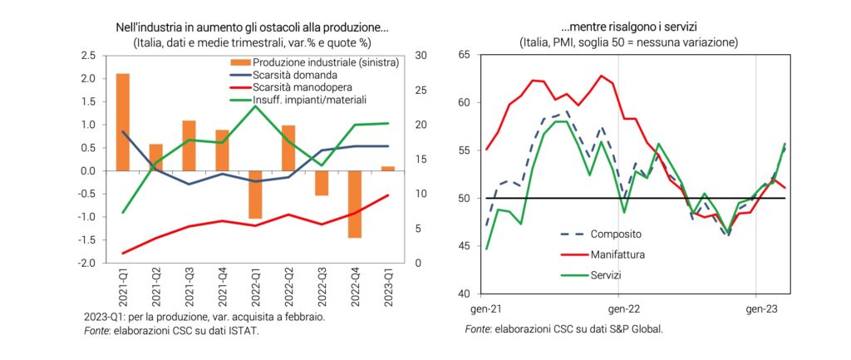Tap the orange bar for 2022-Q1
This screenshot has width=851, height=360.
click(x=255, y=195)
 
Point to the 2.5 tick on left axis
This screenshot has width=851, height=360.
click(x=87, y=56)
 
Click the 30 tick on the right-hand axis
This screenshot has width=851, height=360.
click(x=422, y=56)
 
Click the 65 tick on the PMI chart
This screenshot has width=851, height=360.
click(x=464, y=56)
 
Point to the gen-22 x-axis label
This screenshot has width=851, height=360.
click(x=618, y=307)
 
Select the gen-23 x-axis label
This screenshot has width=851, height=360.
click(x=755, y=307)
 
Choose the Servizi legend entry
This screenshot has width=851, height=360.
click(x=607, y=274)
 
